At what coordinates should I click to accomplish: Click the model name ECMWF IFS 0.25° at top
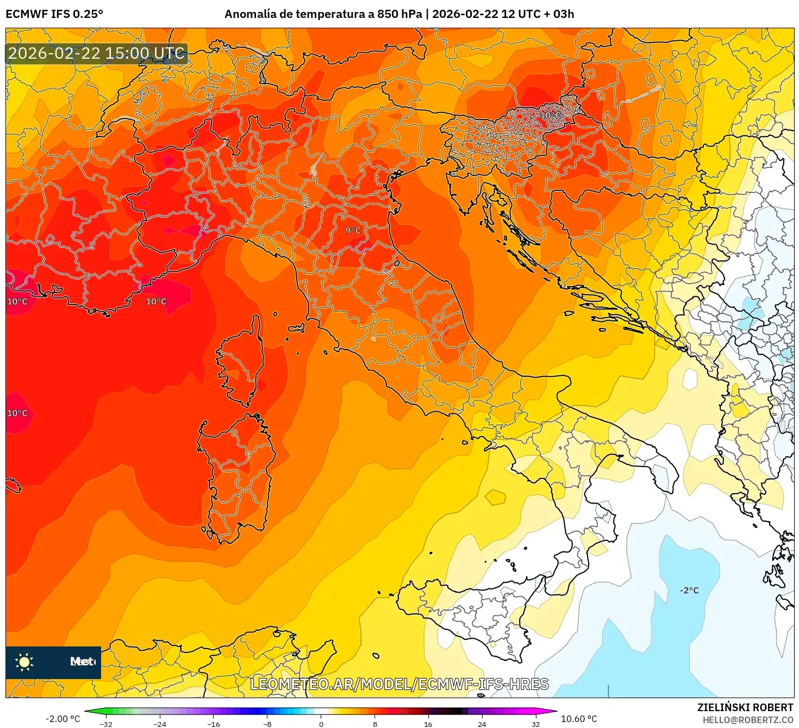pyautogui.click(x=54, y=14)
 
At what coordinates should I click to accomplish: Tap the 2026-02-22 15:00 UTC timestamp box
pyautogui.click(x=96, y=53)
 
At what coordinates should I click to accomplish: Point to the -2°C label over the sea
pyautogui.click(x=689, y=590)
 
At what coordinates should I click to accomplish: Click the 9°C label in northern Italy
pyautogui.click(x=353, y=231)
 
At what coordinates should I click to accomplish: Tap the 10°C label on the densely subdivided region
pyautogui.click(x=550, y=115)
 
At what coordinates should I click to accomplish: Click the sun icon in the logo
pyautogui.click(x=24, y=662)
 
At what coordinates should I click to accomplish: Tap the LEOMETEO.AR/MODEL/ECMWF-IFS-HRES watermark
pyautogui.click(x=399, y=684)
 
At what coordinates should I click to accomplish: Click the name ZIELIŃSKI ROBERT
pyautogui.click(x=745, y=707)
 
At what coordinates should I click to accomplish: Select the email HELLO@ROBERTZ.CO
pyautogui.click(x=748, y=720)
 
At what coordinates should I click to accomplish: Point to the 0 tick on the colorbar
pyautogui.click(x=321, y=724)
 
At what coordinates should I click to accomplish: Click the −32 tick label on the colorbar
pyautogui.click(x=106, y=724)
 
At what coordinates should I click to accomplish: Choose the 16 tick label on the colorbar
pyautogui.click(x=428, y=724)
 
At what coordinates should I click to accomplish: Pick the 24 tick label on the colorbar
pyautogui.click(x=482, y=724)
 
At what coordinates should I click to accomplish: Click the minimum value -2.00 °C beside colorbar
pyautogui.click(x=63, y=719)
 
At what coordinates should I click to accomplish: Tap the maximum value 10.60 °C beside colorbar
pyautogui.click(x=579, y=719)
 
